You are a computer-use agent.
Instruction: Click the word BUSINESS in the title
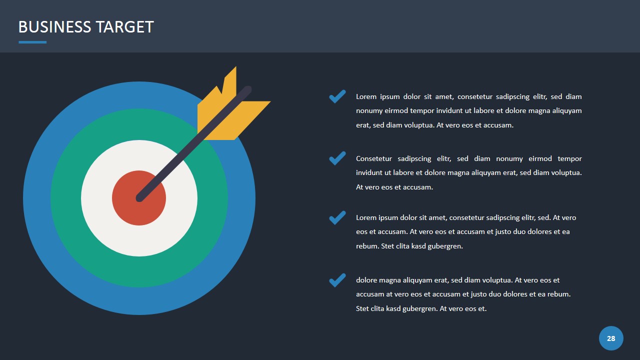tap(55, 27)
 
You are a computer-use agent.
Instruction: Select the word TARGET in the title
tap(125, 27)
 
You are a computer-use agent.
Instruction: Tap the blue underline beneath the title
tap(32, 42)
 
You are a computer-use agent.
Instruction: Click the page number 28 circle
tap(611, 338)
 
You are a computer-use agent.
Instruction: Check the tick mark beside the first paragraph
tap(337, 96)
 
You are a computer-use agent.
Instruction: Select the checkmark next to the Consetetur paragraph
tap(337, 158)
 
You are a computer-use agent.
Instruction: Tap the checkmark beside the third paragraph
tap(337, 217)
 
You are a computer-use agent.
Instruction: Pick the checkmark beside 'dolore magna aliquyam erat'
tap(337, 280)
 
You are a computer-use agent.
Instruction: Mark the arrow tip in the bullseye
tap(139, 198)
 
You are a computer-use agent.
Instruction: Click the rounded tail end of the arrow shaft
tap(247, 89)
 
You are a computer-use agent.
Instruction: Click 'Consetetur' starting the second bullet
tap(373, 158)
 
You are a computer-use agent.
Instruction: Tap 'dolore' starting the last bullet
tap(366, 280)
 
